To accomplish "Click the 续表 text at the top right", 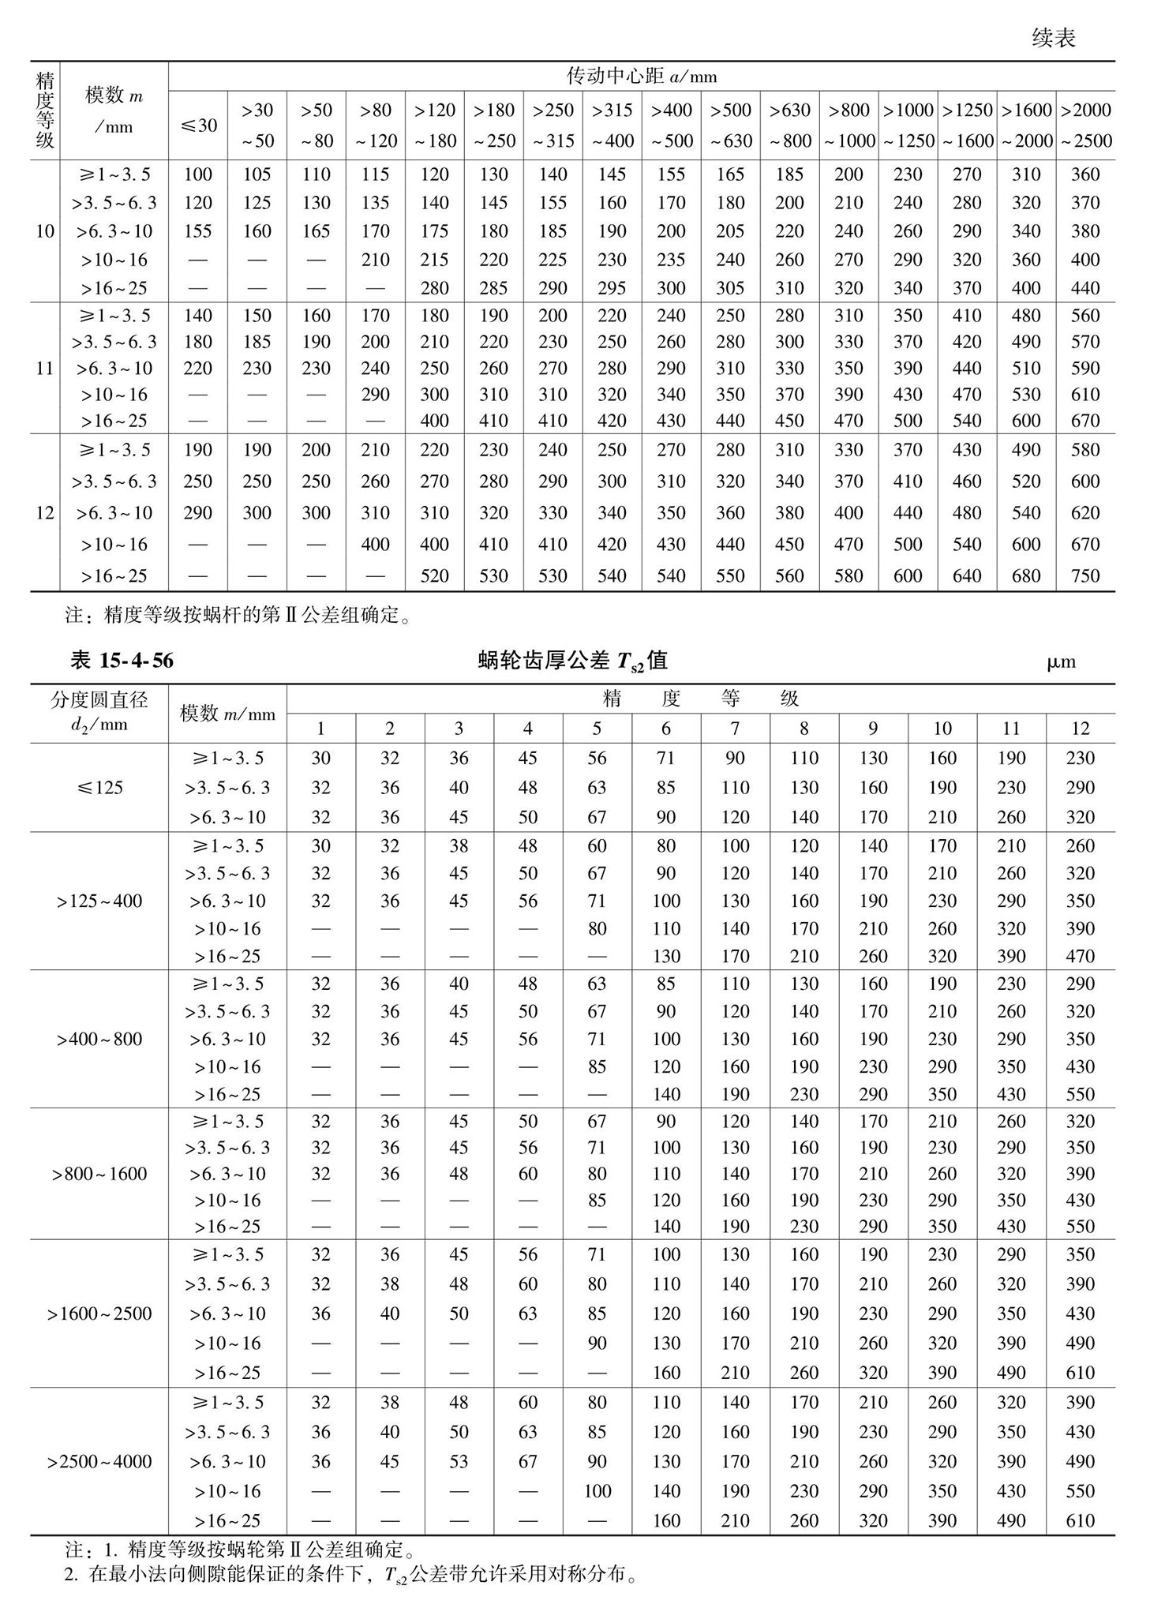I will [x=1053, y=38].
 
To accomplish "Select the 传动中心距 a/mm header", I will [x=641, y=77].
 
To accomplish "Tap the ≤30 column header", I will [x=198, y=126].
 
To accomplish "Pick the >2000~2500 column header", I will [x=1085, y=126].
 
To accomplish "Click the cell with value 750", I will [x=1085, y=575].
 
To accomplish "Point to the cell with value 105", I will [x=257, y=174].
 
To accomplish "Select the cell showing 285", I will [x=494, y=288].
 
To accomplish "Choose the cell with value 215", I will [x=435, y=260].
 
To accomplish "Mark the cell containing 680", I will [x=1026, y=575].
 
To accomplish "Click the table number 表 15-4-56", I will [x=122, y=660].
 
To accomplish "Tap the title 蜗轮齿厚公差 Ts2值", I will [x=573, y=660].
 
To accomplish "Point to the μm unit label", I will [x=1061, y=662].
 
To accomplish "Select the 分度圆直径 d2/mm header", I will [x=99, y=712].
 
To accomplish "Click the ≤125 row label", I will [x=99, y=788].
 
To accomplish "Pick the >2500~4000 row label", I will [x=99, y=1461].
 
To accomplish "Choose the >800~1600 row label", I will [x=99, y=1174].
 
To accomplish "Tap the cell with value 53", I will [x=459, y=1461].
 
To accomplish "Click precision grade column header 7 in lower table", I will [x=735, y=729].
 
